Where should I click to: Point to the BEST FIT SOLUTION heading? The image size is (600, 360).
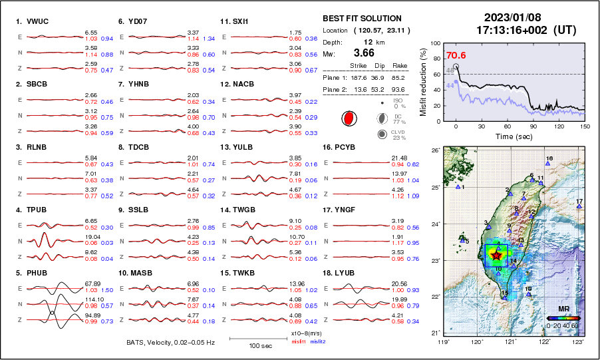(361, 19)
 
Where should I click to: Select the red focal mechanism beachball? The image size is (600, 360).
(348, 118)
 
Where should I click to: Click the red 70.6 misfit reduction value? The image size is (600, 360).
(456, 56)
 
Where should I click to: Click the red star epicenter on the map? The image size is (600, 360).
(496, 254)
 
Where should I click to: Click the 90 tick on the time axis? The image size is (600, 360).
(533, 126)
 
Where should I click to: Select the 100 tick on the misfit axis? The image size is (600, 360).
(436, 43)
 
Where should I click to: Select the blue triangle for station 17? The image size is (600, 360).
(579, 207)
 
